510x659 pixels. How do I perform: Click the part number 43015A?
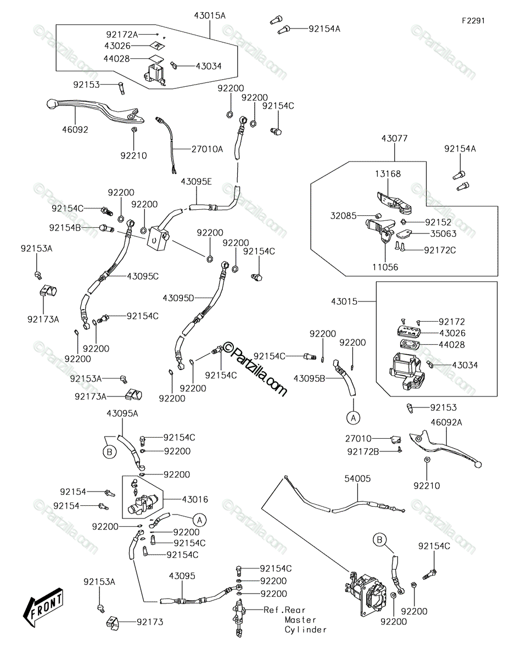click(210, 15)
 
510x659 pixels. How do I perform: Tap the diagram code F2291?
click(473, 21)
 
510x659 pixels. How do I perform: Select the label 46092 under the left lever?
click(75, 130)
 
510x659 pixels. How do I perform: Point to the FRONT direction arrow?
click(43, 606)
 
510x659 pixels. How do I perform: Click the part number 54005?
click(357, 478)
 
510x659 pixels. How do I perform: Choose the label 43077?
click(395, 138)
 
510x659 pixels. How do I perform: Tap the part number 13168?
click(388, 174)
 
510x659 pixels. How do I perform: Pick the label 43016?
click(195, 500)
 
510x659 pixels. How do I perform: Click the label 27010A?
click(208, 149)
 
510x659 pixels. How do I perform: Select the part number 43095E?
click(197, 182)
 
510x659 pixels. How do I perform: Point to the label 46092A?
click(446, 422)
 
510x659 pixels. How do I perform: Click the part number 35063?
click(444, 234)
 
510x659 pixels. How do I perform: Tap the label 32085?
click(343, 216)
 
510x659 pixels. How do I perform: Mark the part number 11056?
click(385, 267)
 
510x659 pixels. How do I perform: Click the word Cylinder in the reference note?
click(306, 630)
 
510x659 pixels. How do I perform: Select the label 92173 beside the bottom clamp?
click(150, 622)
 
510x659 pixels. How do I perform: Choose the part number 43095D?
click(178, 298)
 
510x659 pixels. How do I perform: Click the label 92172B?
click(363, 452)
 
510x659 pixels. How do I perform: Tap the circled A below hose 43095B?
click(354, 418)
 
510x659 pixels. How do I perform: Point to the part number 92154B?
click(65, 228)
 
